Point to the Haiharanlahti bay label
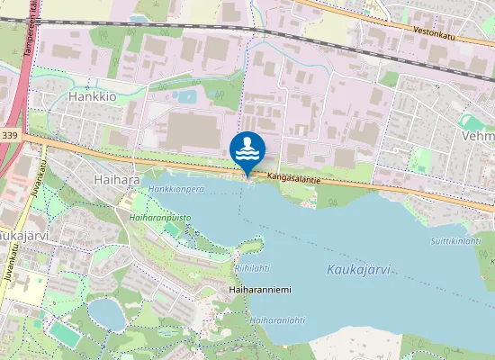[x=275, y=319]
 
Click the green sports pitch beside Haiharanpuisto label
[x=171, y=229]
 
